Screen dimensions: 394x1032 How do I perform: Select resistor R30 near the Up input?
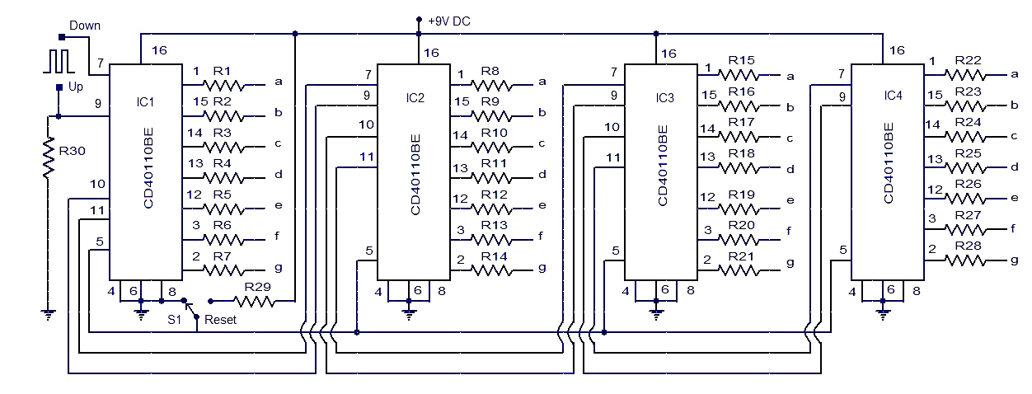49,156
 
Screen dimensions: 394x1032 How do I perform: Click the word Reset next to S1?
220,319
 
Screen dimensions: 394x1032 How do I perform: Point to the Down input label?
85,26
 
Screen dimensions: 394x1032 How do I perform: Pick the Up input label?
76,86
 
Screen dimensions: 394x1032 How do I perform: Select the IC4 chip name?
892,96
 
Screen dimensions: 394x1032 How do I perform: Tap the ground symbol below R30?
49,313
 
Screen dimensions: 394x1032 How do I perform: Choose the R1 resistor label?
223,71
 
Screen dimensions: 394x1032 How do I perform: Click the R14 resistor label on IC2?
494,256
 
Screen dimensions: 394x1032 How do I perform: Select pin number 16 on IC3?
668,54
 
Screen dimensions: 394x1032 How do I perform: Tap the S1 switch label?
175,318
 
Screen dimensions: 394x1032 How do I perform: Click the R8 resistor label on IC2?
490,72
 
